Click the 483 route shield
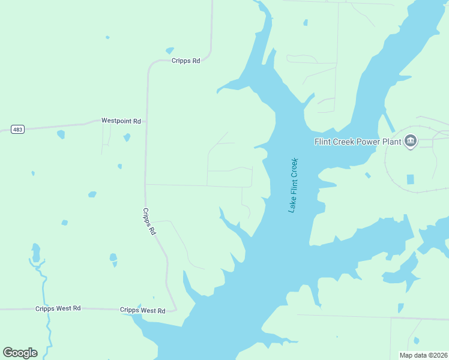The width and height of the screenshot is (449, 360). [17, 130]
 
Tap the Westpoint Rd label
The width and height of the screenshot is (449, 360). [121, 121]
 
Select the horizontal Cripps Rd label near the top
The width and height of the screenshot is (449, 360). [185, 61]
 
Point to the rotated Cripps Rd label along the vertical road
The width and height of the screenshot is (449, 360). [149, 221]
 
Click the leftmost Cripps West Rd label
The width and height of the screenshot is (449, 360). [58, 308]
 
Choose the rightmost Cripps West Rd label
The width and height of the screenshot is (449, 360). [142, 310]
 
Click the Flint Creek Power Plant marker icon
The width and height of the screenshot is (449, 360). [411, 142]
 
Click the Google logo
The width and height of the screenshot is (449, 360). [20, 352]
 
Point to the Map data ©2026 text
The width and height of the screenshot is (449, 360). [423, 355]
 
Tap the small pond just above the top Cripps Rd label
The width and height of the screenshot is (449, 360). [169, 50]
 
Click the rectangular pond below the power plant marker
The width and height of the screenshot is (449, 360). [411, 179]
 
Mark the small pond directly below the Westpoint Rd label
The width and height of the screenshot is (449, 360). [127, 137]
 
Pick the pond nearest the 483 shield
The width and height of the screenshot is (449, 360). [61, 134]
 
